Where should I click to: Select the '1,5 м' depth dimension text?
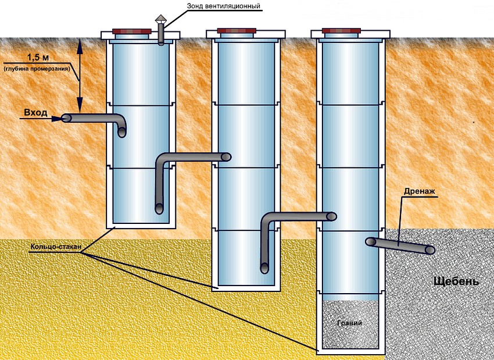click(x=38, y=58)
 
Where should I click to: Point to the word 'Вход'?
click(x=35, y=113)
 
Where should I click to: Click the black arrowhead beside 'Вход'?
click(x=57, y=119)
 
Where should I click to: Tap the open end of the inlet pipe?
click(x=66, y=118)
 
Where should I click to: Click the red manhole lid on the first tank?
click(x=132, y=31)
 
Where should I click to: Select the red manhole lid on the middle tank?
click(x=237, y=31)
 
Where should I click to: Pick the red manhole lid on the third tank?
click(x=341, y=31)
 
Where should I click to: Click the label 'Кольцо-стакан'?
click(x=55, y=247)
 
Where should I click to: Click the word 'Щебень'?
click(x=456, y=281)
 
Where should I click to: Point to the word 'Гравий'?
click(x=349, y=323)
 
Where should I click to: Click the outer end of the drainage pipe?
click(x=430, y=250)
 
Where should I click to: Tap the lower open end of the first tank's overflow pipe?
click(x=159, y=208)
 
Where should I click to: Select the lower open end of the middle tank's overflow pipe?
click(x=264, y=268)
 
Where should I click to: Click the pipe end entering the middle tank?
click(x=226, y=156)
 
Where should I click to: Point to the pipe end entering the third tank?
click(x=331, y=216)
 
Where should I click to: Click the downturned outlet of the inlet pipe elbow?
click(x=122, y=133)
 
